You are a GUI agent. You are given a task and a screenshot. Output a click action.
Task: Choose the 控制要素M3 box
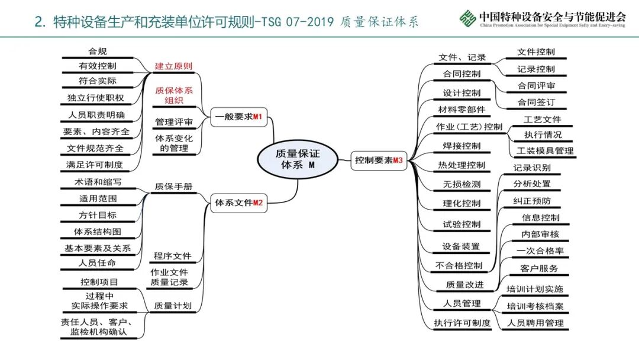click(379, 160)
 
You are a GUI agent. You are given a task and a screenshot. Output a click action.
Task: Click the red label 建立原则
click(173, 66)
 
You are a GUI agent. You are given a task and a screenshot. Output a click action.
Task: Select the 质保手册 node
click(173, 186)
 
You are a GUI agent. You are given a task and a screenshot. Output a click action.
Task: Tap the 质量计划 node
click(172, 306)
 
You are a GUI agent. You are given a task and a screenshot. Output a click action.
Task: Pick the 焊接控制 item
click(461, 146)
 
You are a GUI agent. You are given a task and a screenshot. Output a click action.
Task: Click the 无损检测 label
click(461, 184)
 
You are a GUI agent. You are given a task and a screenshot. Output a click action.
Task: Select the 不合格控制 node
click(459, 265)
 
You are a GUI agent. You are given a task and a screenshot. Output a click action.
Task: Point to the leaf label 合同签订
click(536, 102)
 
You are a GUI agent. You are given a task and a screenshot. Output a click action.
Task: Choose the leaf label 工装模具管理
click(544, 150)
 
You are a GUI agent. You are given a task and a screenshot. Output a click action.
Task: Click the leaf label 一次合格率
click(540, 250)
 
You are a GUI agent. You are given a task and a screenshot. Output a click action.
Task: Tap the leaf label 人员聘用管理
click(535, 323)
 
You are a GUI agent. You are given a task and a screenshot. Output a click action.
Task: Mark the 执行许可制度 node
click(462, 323)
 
